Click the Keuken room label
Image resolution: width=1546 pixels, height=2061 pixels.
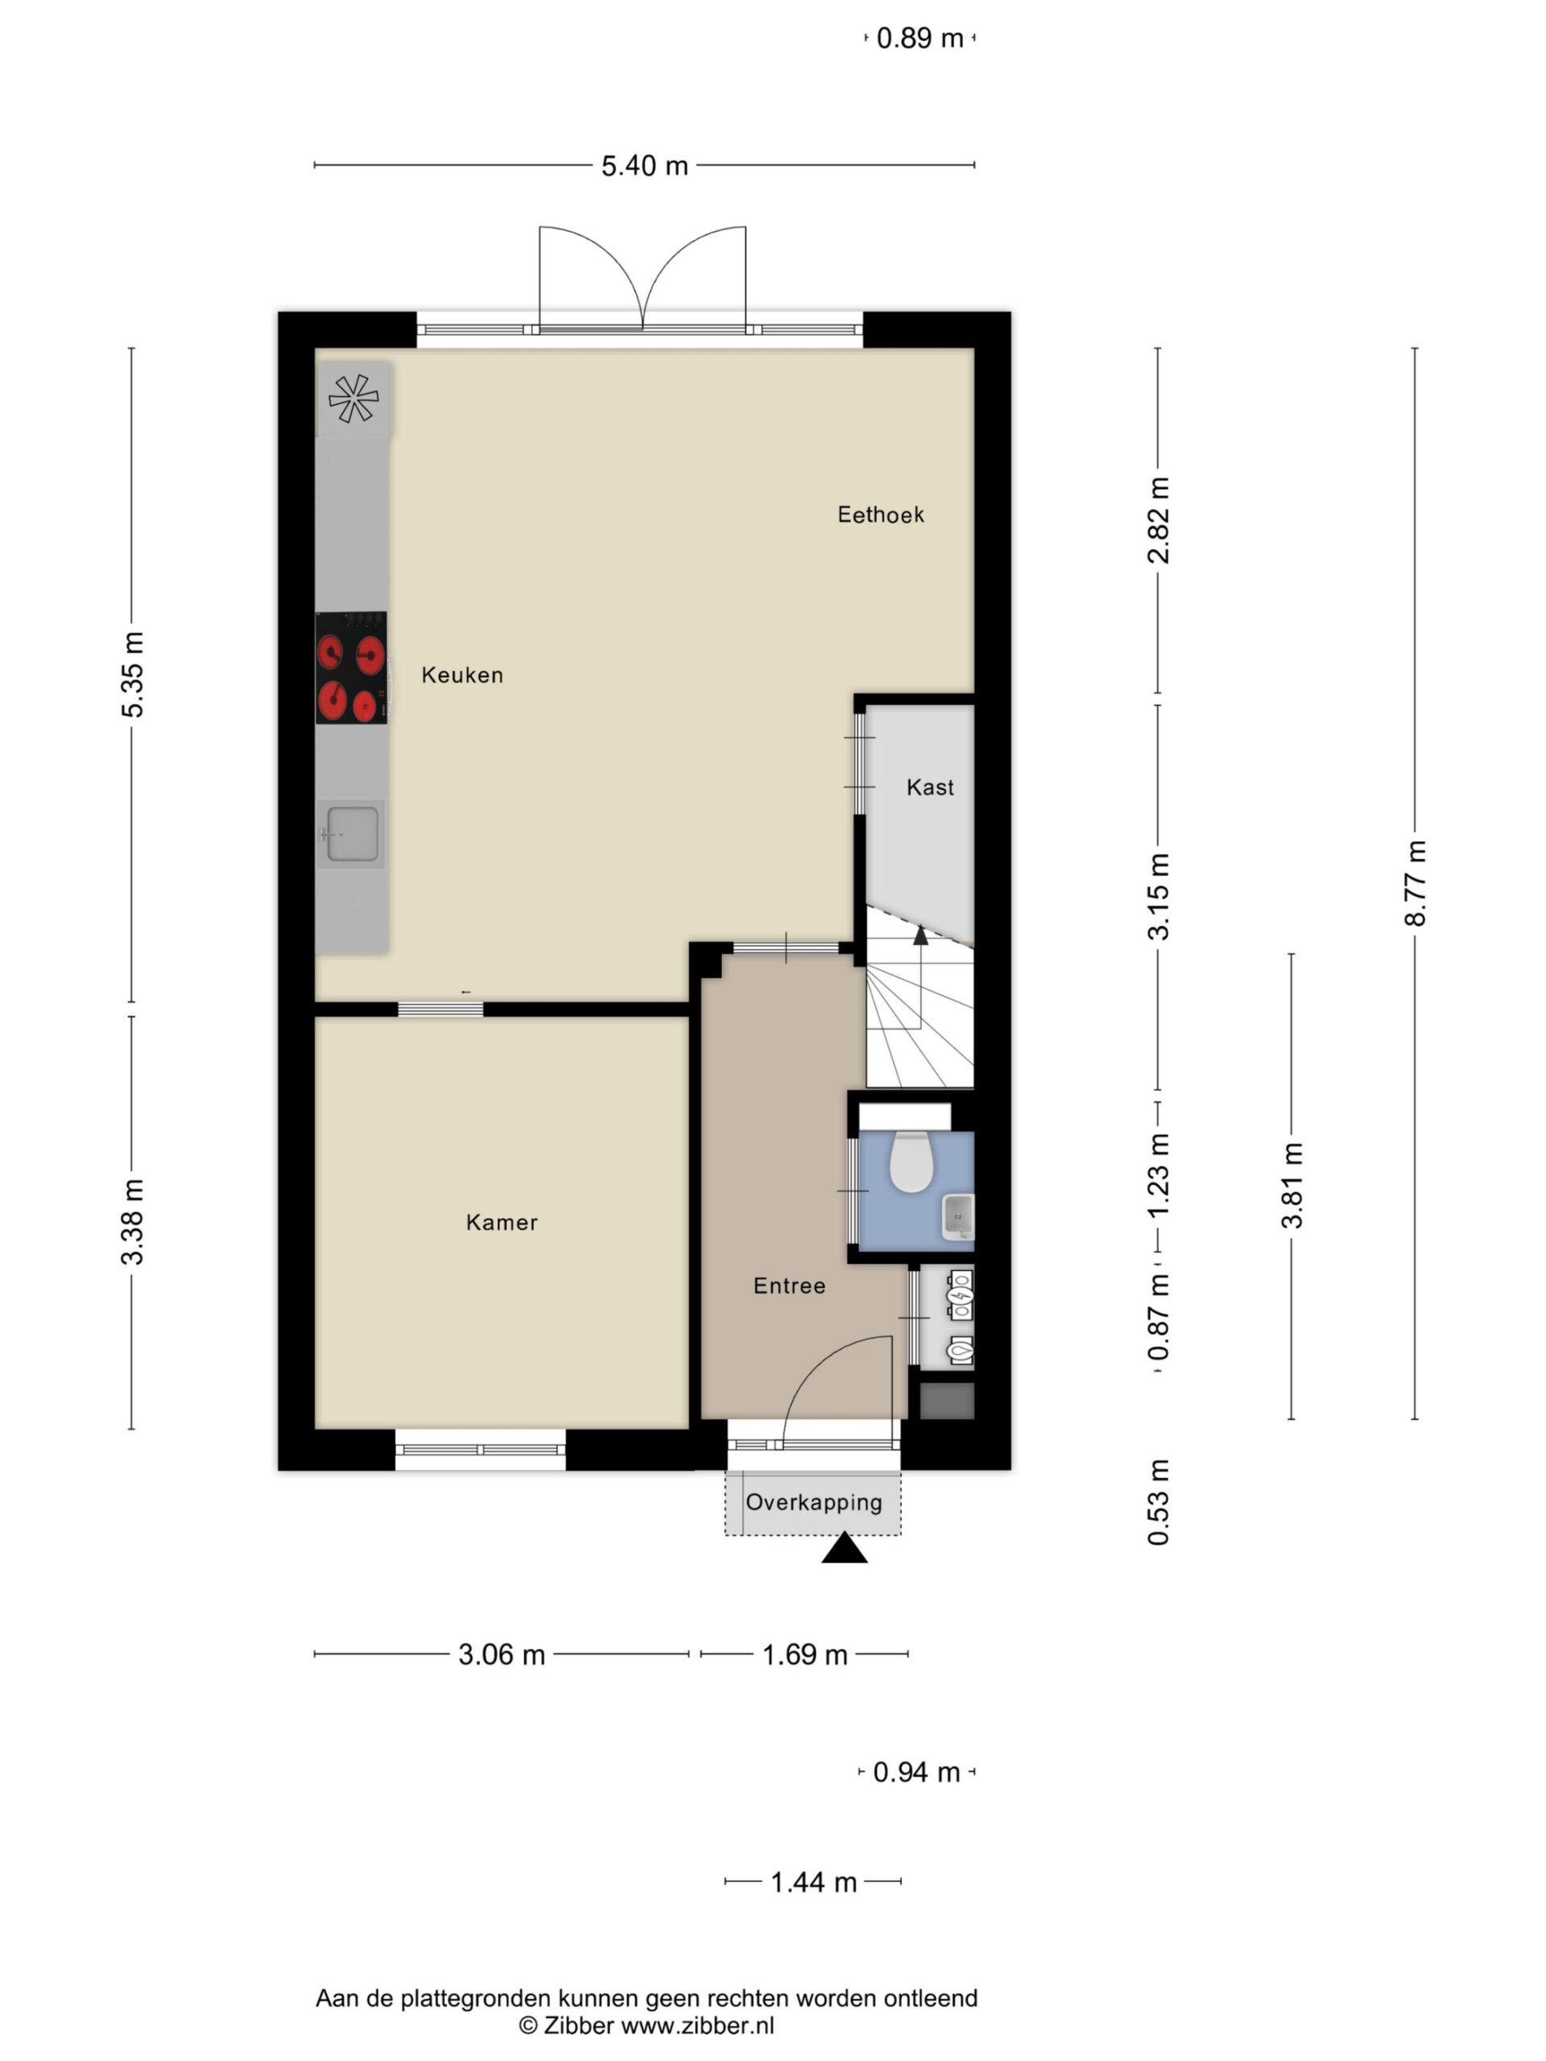click(x=462, y=675)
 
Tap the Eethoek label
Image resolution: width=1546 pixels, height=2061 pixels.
click(x=881, y=514)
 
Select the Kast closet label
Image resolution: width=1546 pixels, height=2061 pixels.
click(x=930, y=787)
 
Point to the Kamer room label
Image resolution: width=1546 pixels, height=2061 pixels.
click(x=502, y=1221)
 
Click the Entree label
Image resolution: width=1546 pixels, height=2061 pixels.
click(x=789, y=1286)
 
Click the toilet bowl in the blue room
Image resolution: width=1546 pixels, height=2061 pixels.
click(x=911, y=1162)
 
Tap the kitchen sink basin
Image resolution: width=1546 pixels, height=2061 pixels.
click(x=352, y=834)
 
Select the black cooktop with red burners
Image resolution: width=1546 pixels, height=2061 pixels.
click(x=351, y=667)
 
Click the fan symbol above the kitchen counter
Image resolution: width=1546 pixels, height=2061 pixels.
click(x=353, y=398)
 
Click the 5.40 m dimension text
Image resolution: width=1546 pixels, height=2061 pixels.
click(x=644, y=166)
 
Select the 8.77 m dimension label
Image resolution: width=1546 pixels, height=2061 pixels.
click(x=1415, y=883)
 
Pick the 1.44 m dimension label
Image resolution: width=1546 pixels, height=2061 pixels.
click(x=813, y=1882)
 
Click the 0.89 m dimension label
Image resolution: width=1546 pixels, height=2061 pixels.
click(x=920, y=38)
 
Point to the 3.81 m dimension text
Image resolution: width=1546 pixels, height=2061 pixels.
click(x=1291, y=1185)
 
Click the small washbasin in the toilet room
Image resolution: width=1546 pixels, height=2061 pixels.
click(x=958, y=1216)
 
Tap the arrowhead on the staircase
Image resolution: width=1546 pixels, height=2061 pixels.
click(x=920, y=935)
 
